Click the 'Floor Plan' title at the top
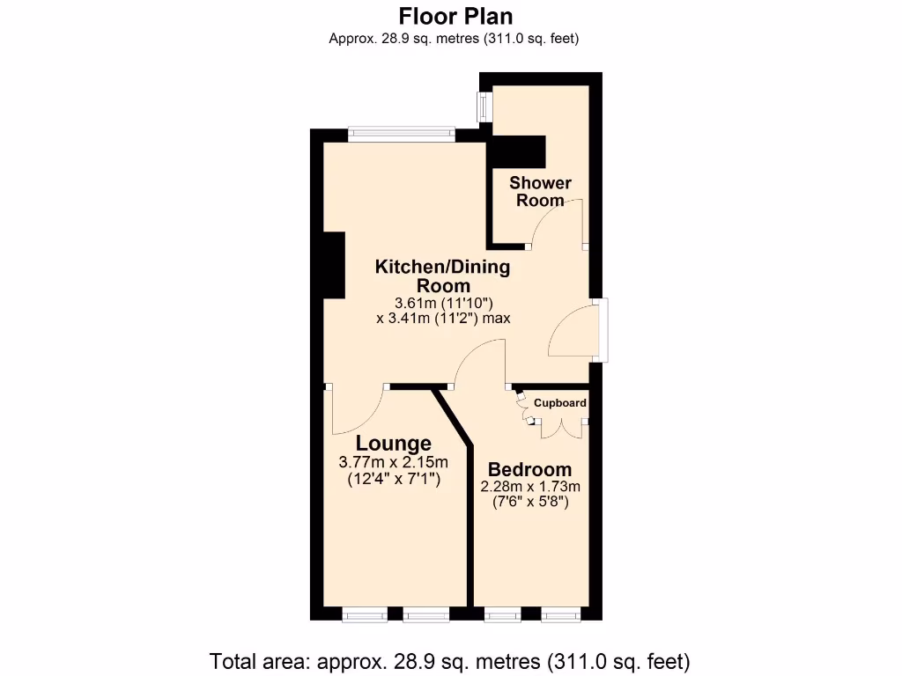(x=455, y=16)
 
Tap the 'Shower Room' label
(x=540, y=192)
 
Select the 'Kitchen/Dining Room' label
(x=443, y=276)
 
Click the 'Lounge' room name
(x=393, y=444)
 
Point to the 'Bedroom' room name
(x=529, y=469)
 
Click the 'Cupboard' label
(x=560, y=403)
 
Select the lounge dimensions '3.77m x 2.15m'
(x=393, y=463)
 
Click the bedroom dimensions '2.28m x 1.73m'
(x=529, y=487)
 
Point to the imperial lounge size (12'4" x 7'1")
(x=393, y=480)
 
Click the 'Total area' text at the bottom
(x=449, y=660)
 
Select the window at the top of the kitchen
(x=402, y=135)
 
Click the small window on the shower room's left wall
(x=484, y=108)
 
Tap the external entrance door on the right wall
(x=600, y=330)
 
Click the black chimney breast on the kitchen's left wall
(x=333, y=265)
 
